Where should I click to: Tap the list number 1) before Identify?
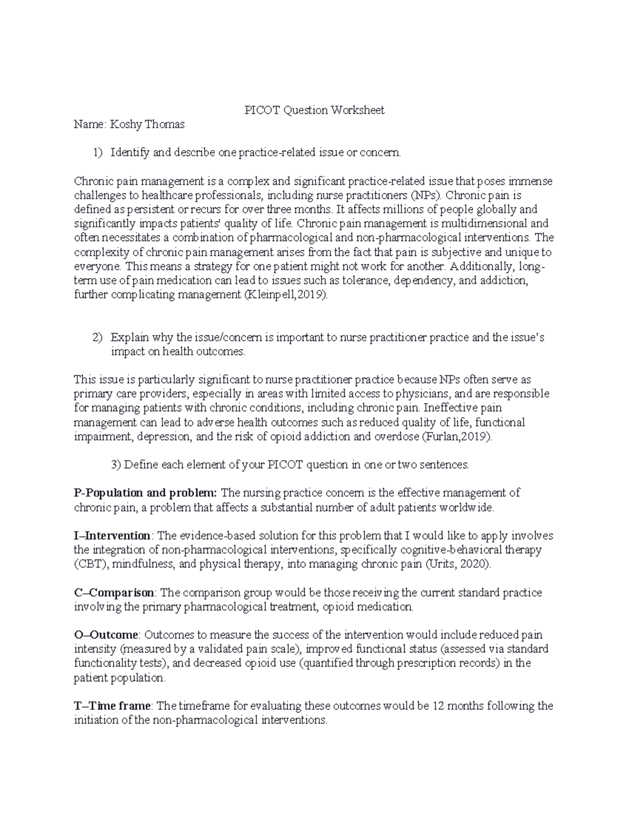98,153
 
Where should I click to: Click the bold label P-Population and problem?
145,493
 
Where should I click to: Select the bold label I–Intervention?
113,536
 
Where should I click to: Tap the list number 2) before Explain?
98,338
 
